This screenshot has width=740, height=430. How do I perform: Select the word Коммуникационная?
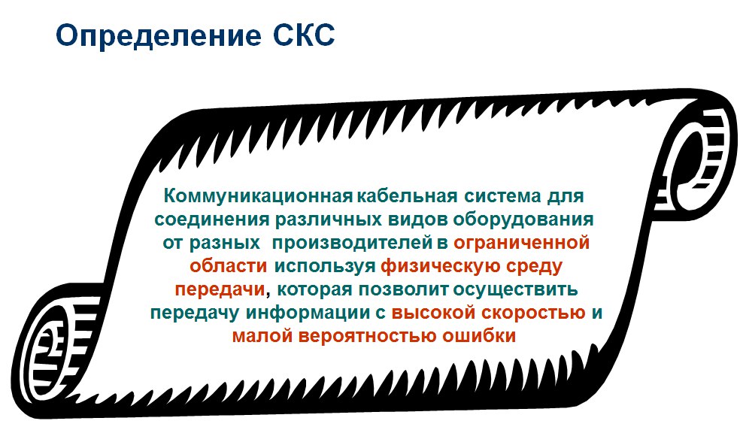tap(258, 196)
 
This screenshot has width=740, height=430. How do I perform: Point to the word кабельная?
tap(407, 196)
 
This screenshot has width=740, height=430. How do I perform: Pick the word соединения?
tap(212, 220)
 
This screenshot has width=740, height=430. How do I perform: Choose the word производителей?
tap(352, 243)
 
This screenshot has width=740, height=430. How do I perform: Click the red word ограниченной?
tap(521, 243)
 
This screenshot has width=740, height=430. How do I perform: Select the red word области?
tap(229, 265)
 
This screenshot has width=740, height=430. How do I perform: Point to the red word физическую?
tap(441, 266)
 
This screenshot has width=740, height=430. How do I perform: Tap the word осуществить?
tap(515, 289)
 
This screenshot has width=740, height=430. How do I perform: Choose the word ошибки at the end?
tap(478, 335)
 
